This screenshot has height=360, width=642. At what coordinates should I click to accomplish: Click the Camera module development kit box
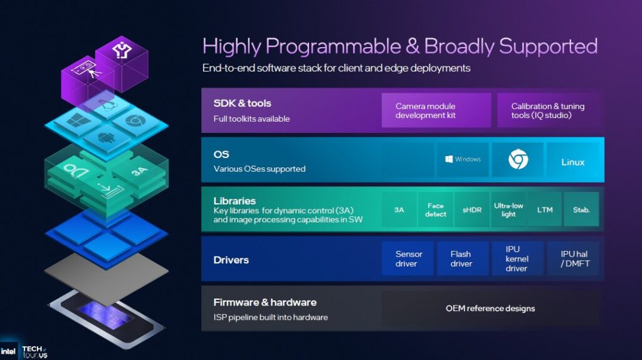click(x=436, y=110)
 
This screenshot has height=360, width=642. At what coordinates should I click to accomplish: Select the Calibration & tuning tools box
click(x=548, y=110)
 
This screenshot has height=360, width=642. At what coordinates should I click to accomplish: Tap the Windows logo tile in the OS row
click(x=462, y=159)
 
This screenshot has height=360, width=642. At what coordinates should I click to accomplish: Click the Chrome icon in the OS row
click(x=517, y=161)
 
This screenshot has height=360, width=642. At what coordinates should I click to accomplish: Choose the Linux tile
click(x=572, y=162)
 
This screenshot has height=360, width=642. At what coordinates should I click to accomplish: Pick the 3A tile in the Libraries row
click(x=399, y=209)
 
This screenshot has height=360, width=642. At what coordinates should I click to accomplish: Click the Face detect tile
click(x=436, y=209)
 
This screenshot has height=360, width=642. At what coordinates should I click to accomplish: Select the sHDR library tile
click(x=471, y=209)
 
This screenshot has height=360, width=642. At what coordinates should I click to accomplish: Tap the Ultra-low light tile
click(x=508, y=209)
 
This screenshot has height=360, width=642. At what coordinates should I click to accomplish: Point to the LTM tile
click(x=545, y=209)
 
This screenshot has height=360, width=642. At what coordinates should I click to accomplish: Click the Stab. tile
click(x=581, y=209)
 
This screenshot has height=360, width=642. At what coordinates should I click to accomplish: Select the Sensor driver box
click(x=409, y=258)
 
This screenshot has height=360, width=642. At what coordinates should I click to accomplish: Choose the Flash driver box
click(x=461, y=258)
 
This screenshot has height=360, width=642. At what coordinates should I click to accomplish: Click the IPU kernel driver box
click(x=516, y=258)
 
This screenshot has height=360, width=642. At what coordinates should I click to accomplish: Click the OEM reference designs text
click(x=490, y=308)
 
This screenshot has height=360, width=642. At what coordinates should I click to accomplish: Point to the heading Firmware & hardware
click(x=265, y=302)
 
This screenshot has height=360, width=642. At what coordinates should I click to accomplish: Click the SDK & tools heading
click(x=242, y=103)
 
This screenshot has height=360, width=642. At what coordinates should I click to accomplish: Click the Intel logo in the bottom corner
click(x=9, y=351)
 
